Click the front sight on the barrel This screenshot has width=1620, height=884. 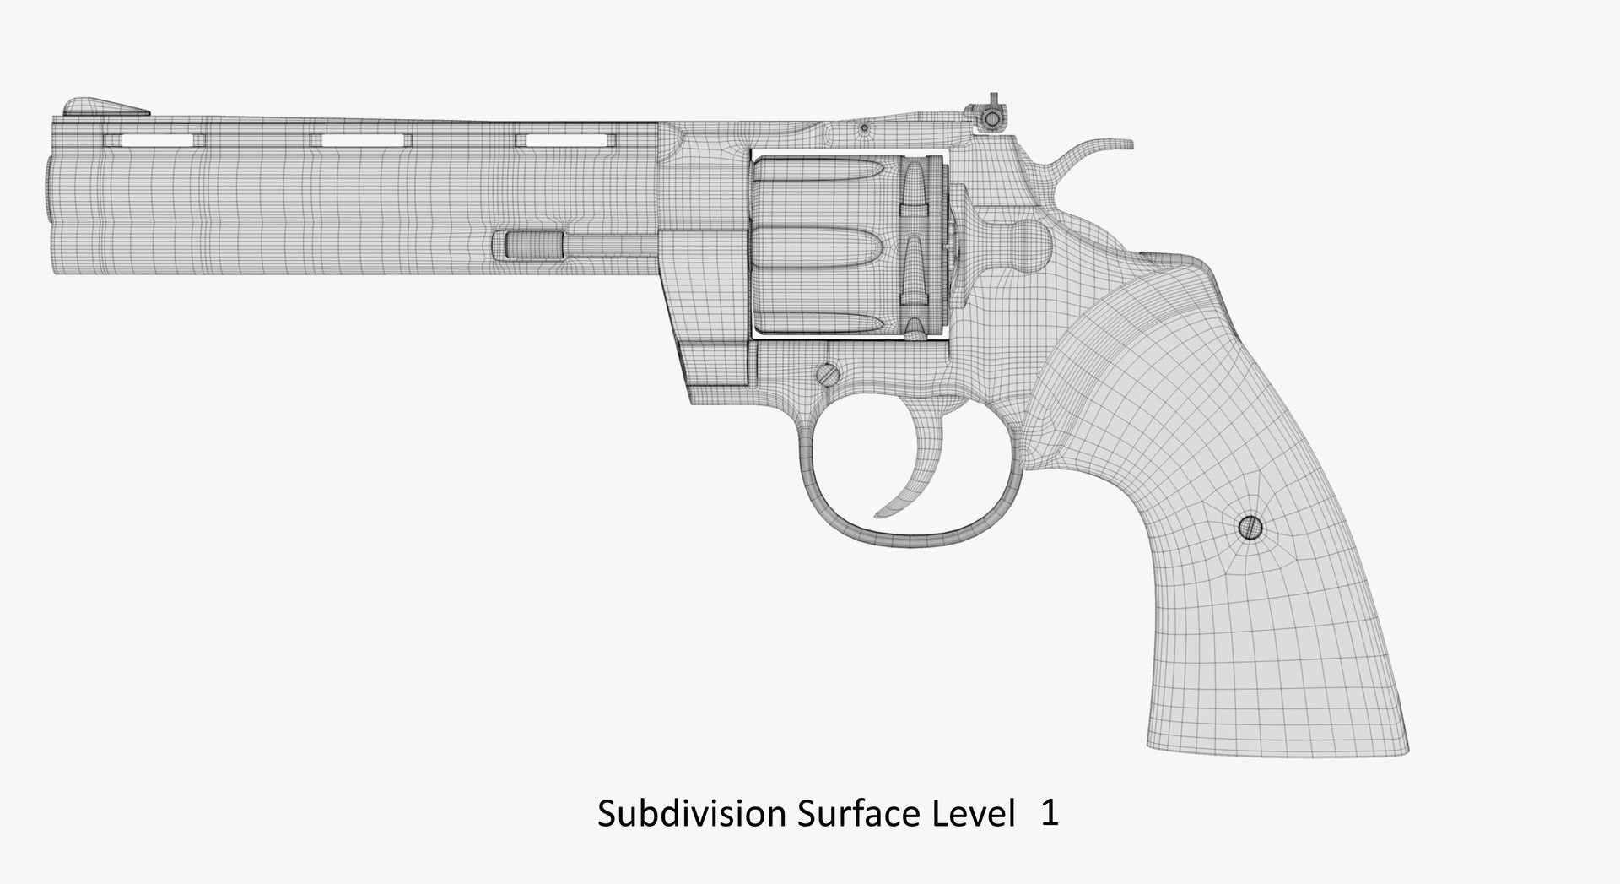[x=103, y=106]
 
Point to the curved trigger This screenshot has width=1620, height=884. [x=908, y=485]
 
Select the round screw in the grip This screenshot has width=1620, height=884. [x=1250, y=528]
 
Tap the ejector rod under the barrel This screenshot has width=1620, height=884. [x=574, y=245]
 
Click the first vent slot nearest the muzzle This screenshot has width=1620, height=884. [x=155, y=139]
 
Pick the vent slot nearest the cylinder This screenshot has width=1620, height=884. [x=566, y=139]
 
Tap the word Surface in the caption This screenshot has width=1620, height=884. [x=845, y=814]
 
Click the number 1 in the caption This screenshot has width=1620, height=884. [x=1049, y=814]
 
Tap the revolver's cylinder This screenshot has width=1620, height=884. [x=844, y=245]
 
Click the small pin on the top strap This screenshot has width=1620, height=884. [x=864, y=129]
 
